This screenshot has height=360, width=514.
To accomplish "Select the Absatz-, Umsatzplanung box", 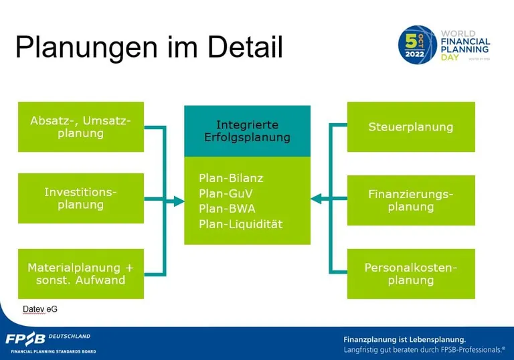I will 81,127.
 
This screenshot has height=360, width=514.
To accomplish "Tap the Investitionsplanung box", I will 81,198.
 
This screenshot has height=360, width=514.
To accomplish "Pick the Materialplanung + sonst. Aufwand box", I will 81,274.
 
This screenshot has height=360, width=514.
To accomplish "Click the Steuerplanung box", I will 411,127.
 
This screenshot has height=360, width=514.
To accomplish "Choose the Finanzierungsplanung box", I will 411,200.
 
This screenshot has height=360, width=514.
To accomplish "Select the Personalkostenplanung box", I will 411,274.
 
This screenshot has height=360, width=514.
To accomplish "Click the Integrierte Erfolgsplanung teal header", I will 248,131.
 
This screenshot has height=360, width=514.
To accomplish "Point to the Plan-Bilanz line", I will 231,178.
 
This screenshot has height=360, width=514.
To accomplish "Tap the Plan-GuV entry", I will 226,193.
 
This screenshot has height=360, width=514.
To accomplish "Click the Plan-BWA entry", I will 227,209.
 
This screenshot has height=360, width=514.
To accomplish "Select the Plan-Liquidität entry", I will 240,224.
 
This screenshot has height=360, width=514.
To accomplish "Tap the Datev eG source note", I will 39,309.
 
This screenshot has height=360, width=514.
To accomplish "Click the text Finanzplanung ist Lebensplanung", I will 404,339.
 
